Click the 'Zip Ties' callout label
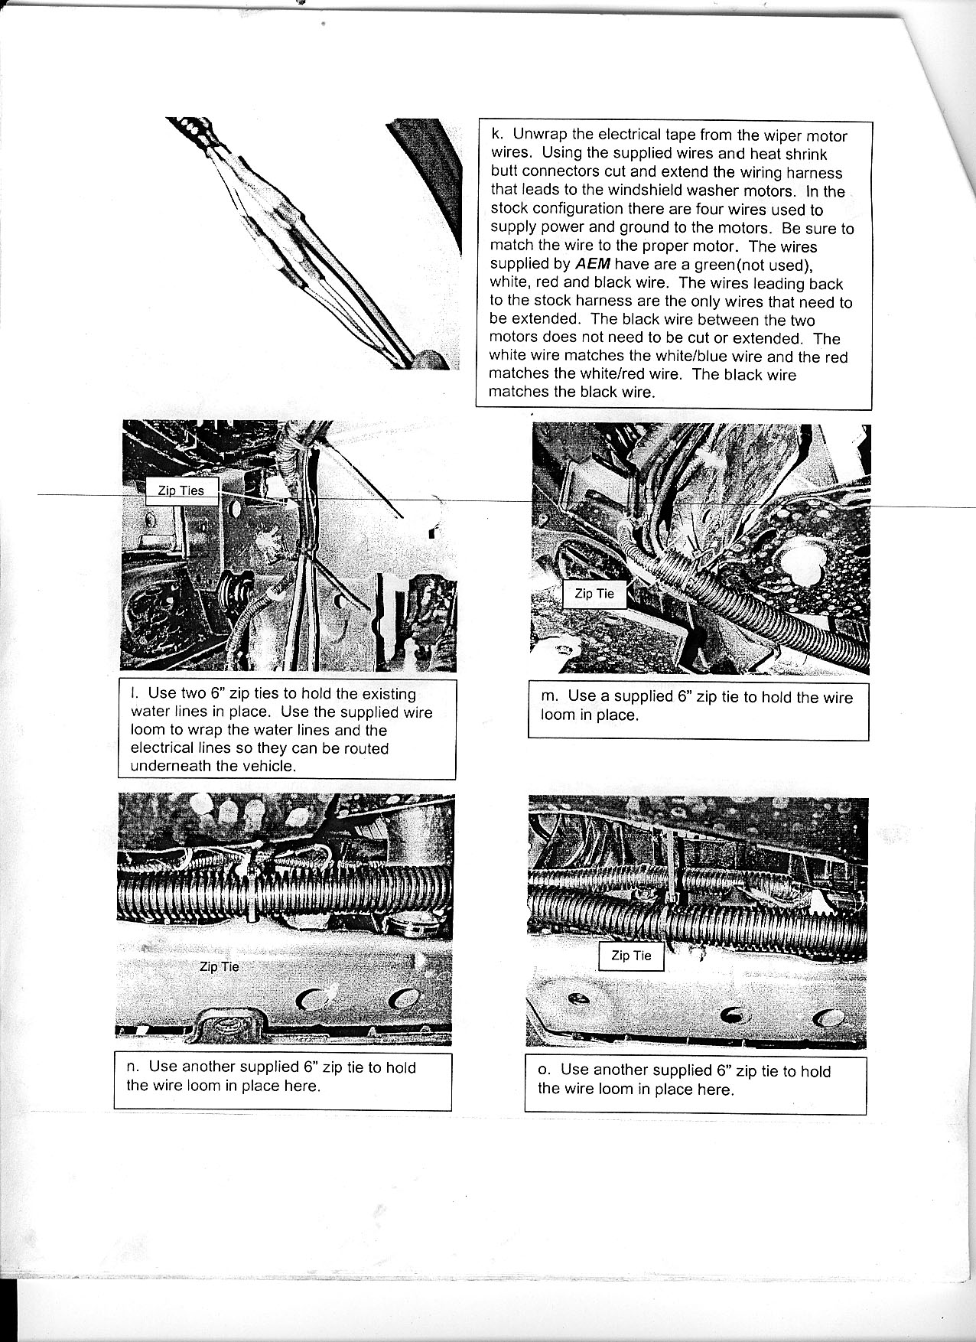click(181, 490)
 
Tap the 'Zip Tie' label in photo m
click(594, 593)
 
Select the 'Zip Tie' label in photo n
click(219, 966)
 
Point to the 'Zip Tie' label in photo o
click(631, 955)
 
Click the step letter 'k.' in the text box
click(496, 135)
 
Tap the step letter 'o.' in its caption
click(545, 1070)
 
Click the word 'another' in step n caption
click(209, 1067)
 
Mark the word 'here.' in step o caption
click(716, 1089)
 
